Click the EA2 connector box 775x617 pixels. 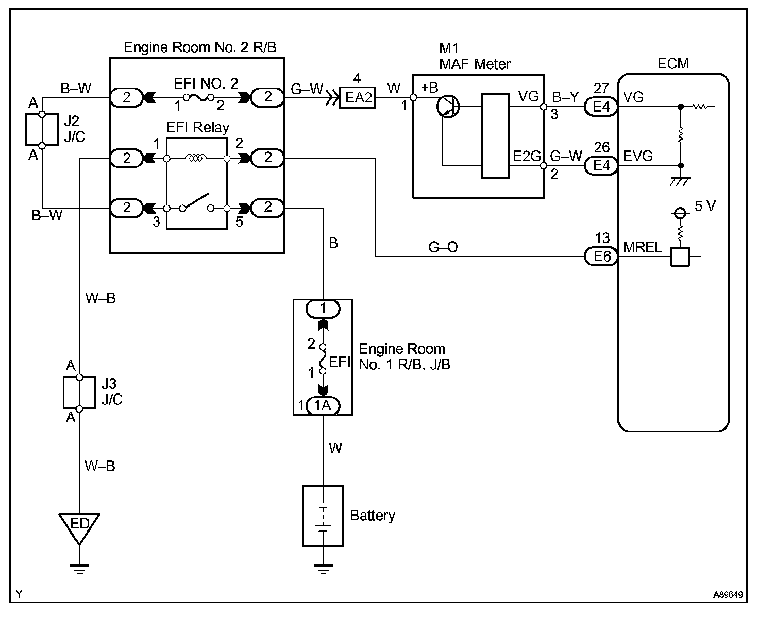357,97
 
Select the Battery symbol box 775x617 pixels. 323,516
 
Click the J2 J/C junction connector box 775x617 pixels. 42,130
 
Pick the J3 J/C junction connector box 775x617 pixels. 79,393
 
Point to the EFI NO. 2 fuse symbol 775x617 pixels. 198,97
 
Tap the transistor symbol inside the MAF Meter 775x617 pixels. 448,107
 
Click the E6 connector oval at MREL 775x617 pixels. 601,256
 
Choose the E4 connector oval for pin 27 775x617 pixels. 601,107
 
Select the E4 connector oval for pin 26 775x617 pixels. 601,166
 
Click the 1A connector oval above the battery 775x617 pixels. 323,406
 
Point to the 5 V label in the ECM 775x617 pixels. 705,206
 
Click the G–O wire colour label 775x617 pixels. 443,247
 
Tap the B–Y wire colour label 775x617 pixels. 565,97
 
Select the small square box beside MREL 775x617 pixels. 680,256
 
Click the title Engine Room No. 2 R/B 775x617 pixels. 200,47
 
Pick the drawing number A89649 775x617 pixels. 728,594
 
